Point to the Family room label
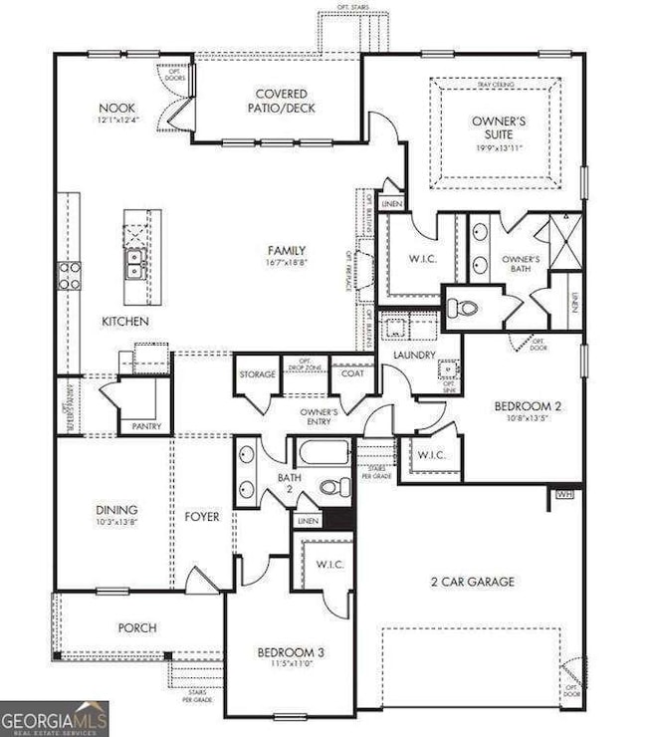pyautogui.click(x=286, y=251)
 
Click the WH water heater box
pyautogui.click(x=564, y=493)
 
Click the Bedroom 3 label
pyautogui.click(x=291, y=652)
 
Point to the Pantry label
pyautogui.click(x=146, y=426)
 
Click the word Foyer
pyautogui.click(x=203, y=517)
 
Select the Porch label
pyautogui.click(x=137, y=627)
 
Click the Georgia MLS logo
pyautogui.click(x=55, y=718)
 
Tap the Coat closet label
pyautogui.click(x=352, y=374)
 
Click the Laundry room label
pyautogui.click(x=412, y=355)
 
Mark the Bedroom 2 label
pyautogui.click(x=528, y=405)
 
